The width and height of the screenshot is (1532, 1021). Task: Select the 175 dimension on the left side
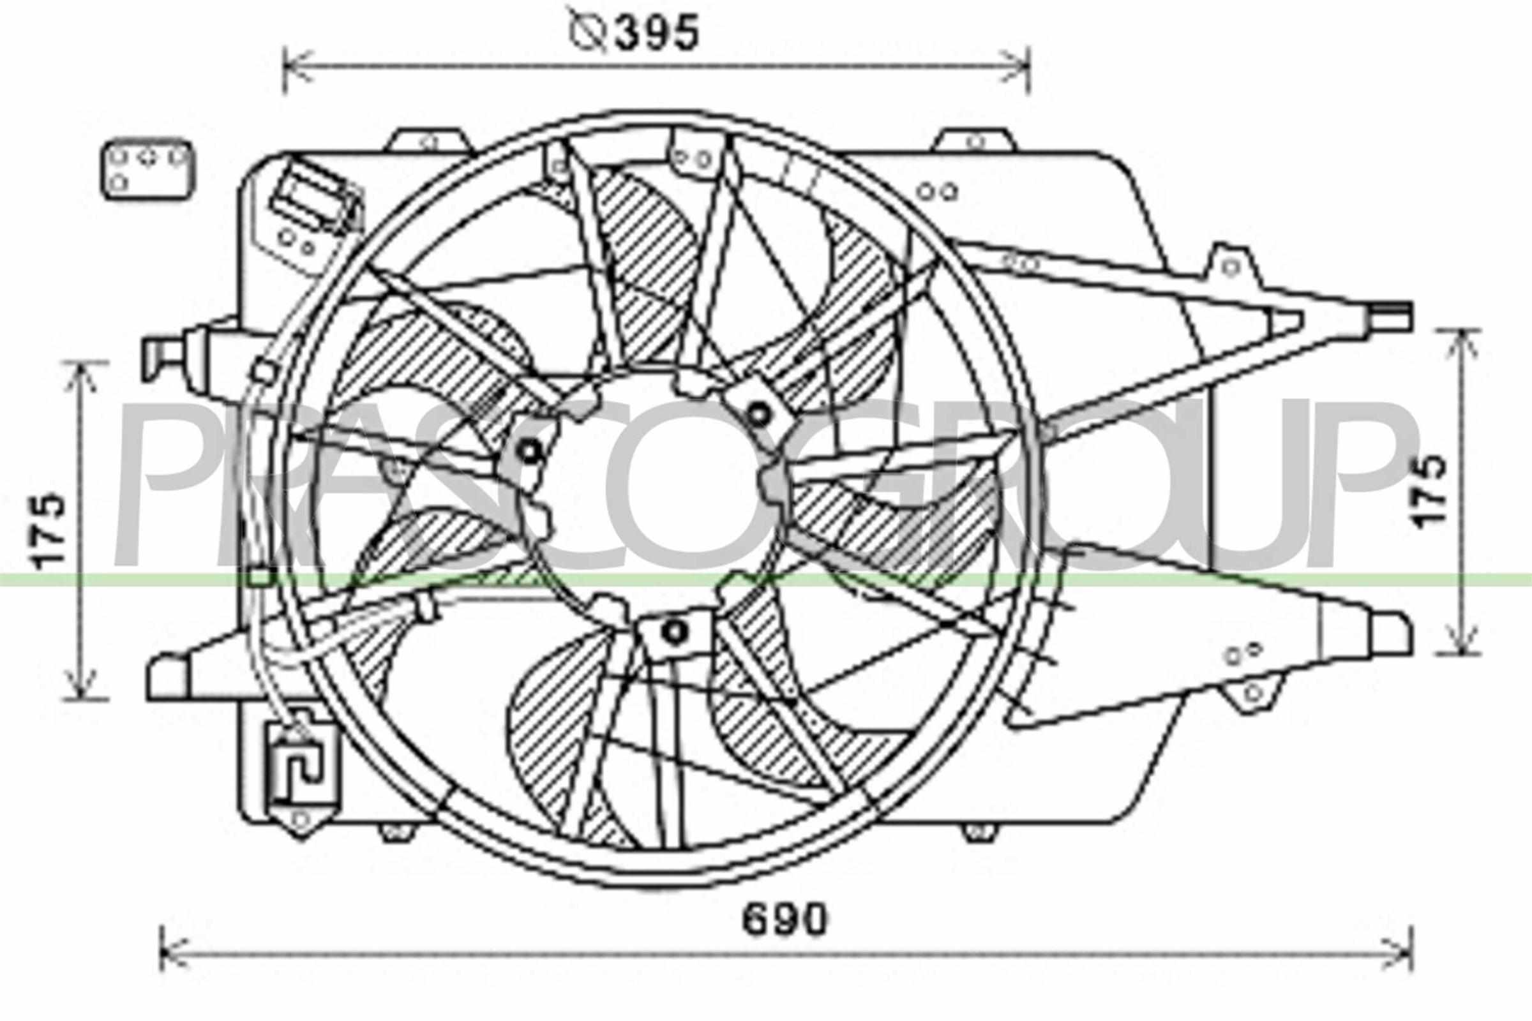click(50, 530)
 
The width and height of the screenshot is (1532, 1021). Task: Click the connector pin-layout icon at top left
click(148, 168)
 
